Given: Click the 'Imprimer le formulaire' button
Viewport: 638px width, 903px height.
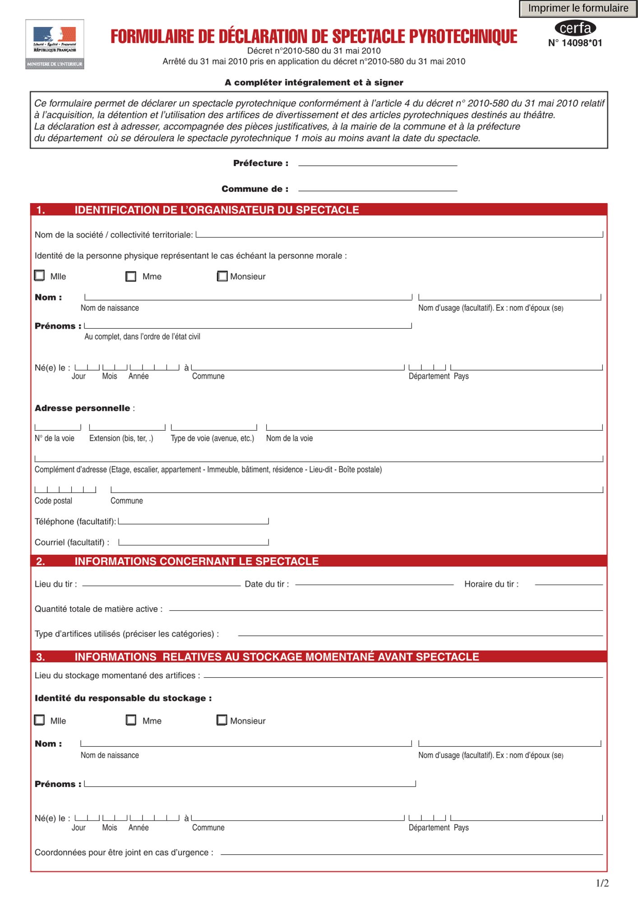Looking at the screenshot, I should (578, 9).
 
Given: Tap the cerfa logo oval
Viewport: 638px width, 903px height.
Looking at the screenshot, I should (575, 28).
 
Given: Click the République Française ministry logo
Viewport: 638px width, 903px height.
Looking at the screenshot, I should (55, 44).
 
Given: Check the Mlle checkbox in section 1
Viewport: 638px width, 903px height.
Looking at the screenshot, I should (40, 275).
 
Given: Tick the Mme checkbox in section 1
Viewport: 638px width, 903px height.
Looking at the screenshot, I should (131, 276).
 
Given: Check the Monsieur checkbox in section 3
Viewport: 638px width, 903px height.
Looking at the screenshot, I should (222, 720).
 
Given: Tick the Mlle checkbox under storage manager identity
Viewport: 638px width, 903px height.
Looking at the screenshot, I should (40, 720).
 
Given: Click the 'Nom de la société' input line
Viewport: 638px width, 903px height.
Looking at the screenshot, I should (399, 234).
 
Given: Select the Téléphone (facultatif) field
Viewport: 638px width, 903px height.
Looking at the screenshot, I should (193, 521).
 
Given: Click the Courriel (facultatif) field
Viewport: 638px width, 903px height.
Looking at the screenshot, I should (193, 541).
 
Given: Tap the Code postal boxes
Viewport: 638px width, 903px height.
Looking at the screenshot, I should (65, 489).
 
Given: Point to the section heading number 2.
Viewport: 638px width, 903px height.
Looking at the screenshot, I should (41, 561).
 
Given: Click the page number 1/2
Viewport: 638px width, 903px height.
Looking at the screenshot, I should (602, 883).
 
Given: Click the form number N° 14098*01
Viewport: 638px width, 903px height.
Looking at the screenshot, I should (575, 43).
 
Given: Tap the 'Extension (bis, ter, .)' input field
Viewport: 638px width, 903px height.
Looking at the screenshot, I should (127, 427).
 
